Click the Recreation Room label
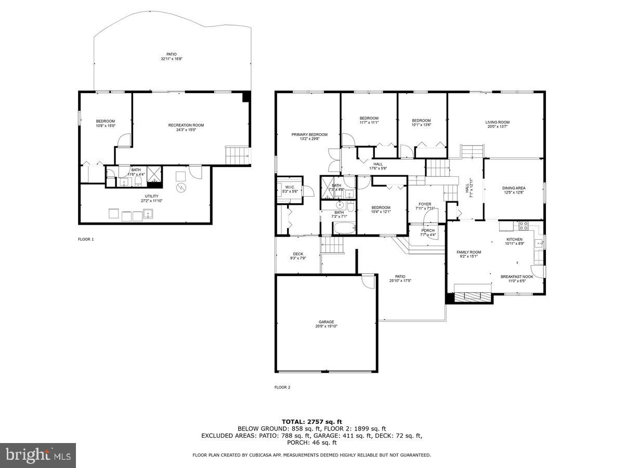[x=186, y=125]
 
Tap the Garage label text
[x=326, y=322]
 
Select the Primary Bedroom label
[x=309, y=134]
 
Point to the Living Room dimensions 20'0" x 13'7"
[x=497, y=127]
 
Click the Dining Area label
[x=513, y=188]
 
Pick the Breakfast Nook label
[x=517, y=277]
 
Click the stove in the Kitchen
[x=523, y=226]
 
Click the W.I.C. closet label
[x=290, y=187]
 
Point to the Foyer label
[x=425, y=204]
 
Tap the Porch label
[x=428, y=230]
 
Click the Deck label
[x=298, y=254]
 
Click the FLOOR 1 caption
[x=86, y=239]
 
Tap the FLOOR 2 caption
[x=282, y=387]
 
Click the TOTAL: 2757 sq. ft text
[x=312, y=421]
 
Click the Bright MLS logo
[x=38, y=456]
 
